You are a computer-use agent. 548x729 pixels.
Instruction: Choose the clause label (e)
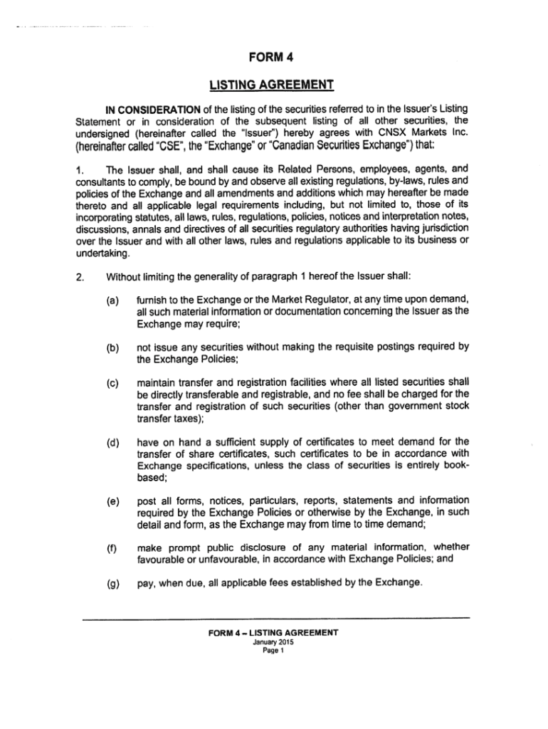(x=113, y=500)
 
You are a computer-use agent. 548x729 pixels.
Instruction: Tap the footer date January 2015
(x=273, y=641)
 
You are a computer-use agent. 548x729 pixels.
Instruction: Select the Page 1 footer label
(x=273, y=649)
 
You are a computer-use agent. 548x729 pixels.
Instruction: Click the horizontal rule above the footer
(x=276, y=618)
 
